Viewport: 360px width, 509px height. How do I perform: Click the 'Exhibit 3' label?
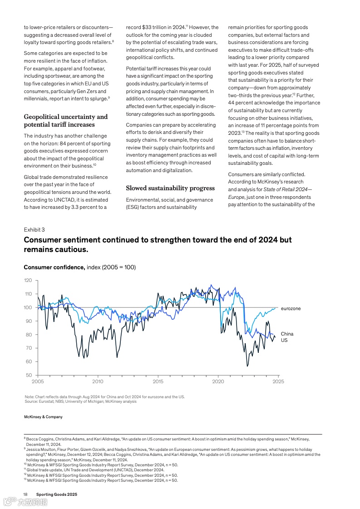point(34,230)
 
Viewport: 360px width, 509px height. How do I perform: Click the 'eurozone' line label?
point(291,309)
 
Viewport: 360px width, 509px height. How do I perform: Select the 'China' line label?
point(287,334)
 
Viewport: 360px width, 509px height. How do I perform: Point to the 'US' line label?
point(284,340)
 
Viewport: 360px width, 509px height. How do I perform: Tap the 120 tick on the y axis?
point(28,281)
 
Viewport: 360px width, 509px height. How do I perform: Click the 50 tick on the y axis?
point(29,375)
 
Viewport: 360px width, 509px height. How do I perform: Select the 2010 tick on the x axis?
point(98,382)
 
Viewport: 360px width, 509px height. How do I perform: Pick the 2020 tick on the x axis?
point(218,382)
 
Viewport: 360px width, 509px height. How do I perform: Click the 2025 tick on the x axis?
point(278,382)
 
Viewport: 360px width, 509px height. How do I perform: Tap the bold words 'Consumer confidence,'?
point(54,267)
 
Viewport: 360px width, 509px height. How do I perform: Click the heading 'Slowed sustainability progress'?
point(170,188)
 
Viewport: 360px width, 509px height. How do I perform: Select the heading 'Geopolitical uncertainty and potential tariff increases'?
point(66,121)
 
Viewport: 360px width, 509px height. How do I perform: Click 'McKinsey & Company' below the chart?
point(43,417)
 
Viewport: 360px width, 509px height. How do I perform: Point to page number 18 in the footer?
point(26,494)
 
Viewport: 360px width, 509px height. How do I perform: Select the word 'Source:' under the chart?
point(31,401)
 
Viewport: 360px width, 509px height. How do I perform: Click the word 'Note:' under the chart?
point(30,397)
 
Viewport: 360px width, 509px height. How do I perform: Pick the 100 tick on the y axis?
point(28,307)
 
